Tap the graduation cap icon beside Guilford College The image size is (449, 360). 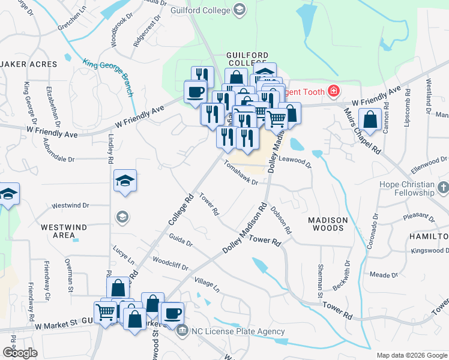tap(240, 10)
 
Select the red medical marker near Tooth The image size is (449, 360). tap(333, 92)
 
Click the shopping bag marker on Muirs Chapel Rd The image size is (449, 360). tap(370, 120)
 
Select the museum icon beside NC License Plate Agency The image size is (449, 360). tap(182, 327)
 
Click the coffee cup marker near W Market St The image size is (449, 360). tap(172, 313)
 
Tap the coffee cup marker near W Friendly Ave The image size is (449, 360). tap(195, 92)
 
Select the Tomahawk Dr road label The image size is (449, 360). tap(240, 172)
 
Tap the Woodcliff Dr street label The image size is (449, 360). tap(170, 264)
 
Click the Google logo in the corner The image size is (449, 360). tap(20, 352)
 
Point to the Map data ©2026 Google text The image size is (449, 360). tap(411, 355)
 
